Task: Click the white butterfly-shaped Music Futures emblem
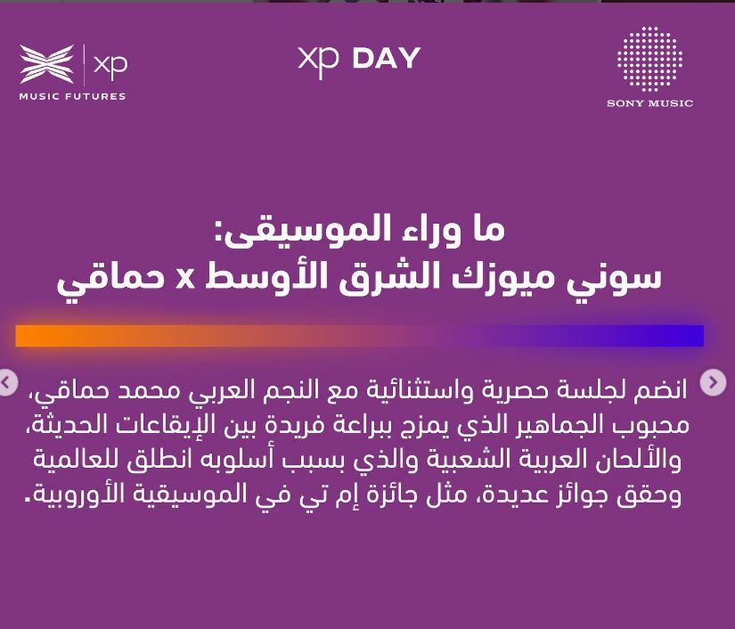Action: (47, 64)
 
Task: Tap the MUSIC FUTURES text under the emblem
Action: (73, 96)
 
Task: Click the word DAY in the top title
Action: (387, 59)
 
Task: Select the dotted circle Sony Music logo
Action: (649, 59)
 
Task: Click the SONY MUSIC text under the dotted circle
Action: (649, 103)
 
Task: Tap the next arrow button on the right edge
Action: (713, 382)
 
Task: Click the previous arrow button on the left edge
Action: (6, 382)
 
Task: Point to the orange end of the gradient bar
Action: (21, 336)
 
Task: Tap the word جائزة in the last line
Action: (380, 495)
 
